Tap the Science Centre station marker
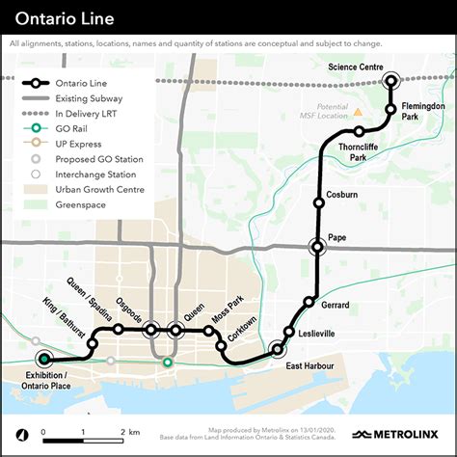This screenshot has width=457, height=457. [390, 82]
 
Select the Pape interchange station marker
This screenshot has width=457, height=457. [318, 247]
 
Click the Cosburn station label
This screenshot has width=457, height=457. [342, 195]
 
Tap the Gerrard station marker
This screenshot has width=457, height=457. [309, 302]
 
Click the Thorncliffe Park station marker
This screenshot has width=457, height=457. [359, 131]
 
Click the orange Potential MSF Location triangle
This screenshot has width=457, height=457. [358, 113]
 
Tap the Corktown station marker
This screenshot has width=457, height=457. [221, 345]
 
